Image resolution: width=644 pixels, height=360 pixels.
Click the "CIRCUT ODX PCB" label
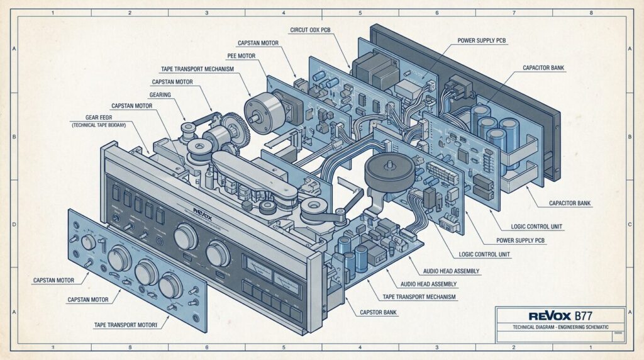[315, 30]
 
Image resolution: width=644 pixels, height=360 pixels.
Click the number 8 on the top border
[590, 13]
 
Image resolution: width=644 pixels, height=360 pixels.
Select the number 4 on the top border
[284, 13]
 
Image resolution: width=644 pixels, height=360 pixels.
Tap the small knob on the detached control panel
[89, 242]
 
